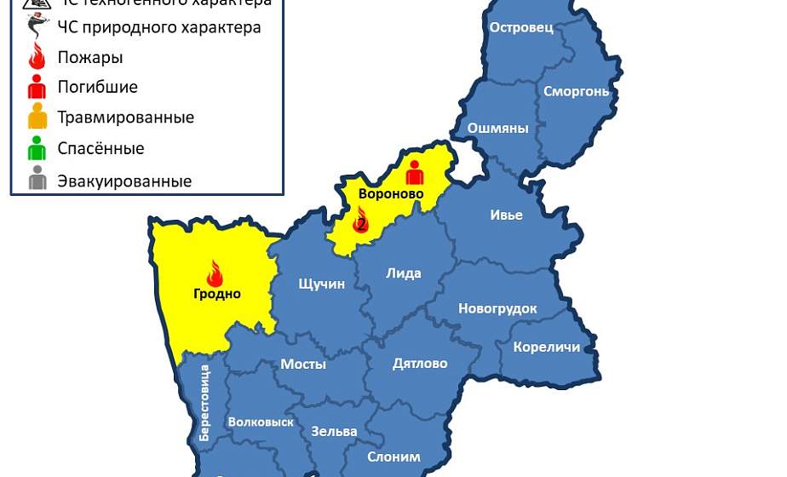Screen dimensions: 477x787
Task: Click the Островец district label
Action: [521, 27]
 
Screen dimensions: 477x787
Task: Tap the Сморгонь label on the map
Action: [577, 91]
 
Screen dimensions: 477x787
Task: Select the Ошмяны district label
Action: [498, 129]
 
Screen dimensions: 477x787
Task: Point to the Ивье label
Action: [506, 215]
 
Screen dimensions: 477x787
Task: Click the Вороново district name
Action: [391, 194]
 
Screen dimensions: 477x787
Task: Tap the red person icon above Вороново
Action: [415, 172]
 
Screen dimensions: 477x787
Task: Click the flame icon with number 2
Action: [360, 221]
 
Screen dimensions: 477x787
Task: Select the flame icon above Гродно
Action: [215, 273]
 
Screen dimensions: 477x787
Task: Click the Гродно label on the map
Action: [216, 295]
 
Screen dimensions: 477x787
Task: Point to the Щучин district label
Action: [322, 284]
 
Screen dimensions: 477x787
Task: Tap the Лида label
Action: [404, 273]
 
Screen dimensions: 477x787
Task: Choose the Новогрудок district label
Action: [497, 308]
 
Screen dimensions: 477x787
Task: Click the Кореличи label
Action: [547, 347]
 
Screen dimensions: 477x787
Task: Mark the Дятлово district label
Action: [420, 364]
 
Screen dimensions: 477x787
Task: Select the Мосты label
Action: [303, 364]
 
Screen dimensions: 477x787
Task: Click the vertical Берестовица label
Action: [204, 403]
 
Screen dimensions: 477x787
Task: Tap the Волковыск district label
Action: [261, 422]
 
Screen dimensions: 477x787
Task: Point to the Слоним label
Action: [393, 457]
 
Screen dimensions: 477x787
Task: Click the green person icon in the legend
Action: [37, 149]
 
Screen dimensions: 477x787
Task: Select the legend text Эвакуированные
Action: [124, 181]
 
